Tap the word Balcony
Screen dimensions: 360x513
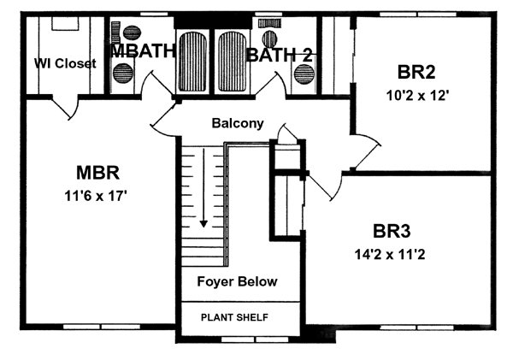coord(235,124)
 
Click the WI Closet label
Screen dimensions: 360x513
coord(65,62)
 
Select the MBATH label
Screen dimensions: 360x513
coord(144,51)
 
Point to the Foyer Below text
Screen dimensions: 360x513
coord(237,281)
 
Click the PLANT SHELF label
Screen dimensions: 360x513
coord(234,318)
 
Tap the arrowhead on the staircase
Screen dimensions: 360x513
coord(203,223)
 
